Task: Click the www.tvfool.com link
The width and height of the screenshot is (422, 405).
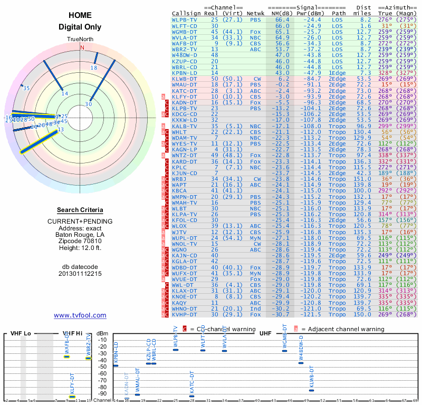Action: point(80,315)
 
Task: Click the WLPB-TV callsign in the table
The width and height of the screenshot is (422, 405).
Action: point(184,19)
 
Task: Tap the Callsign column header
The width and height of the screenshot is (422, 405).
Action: point(185,13)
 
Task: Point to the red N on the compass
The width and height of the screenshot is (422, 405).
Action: point(82,47)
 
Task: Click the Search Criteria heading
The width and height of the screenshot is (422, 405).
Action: point(80,210)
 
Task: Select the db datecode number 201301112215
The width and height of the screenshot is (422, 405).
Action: point(80,274)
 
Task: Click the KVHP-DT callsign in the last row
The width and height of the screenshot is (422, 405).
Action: point(185,314)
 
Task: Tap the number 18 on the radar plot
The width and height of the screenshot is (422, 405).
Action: point(94,68)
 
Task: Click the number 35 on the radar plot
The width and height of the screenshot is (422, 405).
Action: point(26,88)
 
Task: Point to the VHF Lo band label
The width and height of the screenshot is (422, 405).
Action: point(21,334)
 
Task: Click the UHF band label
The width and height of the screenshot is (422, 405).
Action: point(265,334)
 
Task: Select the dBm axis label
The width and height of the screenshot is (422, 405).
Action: point(102,334)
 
